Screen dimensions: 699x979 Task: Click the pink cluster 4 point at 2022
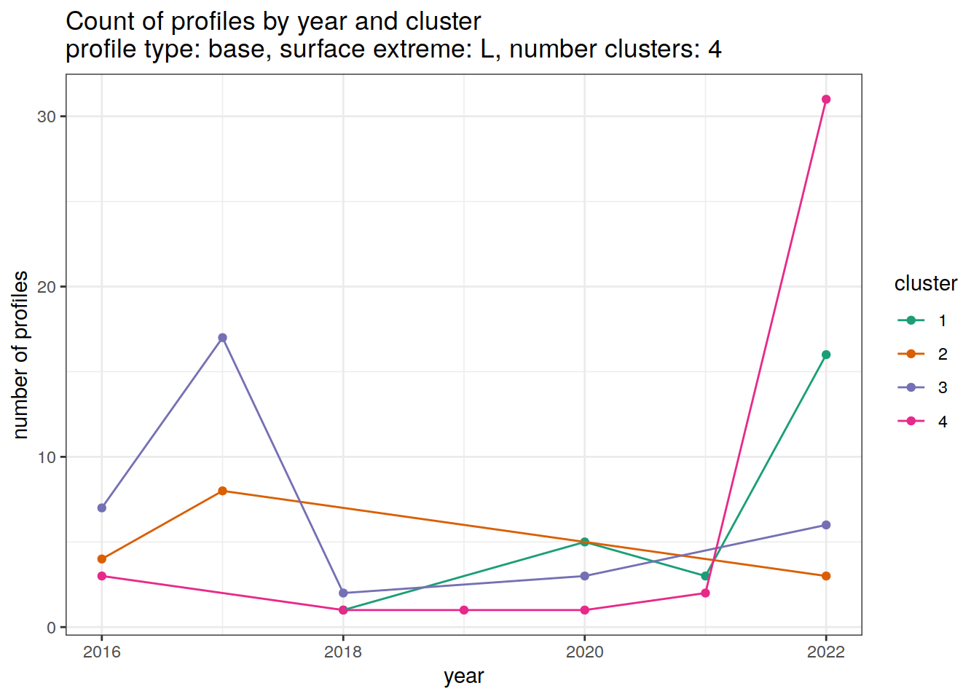point(826,100)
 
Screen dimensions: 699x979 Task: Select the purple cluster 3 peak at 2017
point(223,338)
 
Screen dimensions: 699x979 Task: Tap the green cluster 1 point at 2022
point(826,355)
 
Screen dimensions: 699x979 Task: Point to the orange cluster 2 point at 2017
point(223,491)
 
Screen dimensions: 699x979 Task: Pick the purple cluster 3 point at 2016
point(102,508)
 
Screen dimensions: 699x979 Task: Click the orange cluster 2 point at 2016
point(102,559)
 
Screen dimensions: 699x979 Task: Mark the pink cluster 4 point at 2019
point(464,610)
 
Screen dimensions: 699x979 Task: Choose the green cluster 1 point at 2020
point(585,542)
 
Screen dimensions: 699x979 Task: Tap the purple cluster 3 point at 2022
point(826,525)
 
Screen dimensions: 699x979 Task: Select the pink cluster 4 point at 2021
point(705,593)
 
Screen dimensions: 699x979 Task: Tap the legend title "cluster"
point(925,283)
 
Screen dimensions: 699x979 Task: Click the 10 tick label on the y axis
point(47,457)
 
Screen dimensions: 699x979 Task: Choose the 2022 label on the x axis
point(826,652)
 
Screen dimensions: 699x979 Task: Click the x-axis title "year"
point(464,676)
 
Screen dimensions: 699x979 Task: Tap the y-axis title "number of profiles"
point(20,355)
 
